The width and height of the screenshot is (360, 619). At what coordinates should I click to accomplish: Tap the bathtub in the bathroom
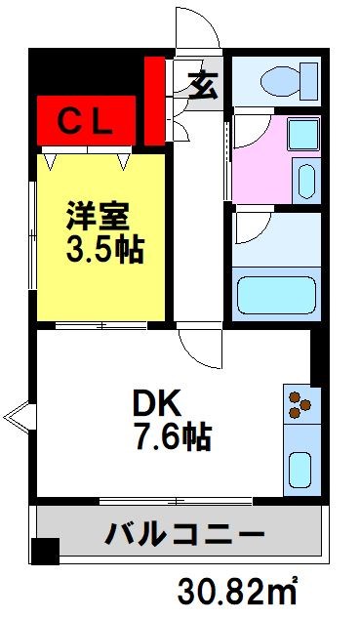click(x=277, y=290)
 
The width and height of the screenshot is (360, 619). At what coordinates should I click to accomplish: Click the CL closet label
click(x=88, y=122)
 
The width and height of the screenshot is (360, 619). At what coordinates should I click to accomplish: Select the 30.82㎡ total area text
click(x=237, y=591)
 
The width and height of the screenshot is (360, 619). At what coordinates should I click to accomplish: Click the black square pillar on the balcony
click(x=44, y=552)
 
